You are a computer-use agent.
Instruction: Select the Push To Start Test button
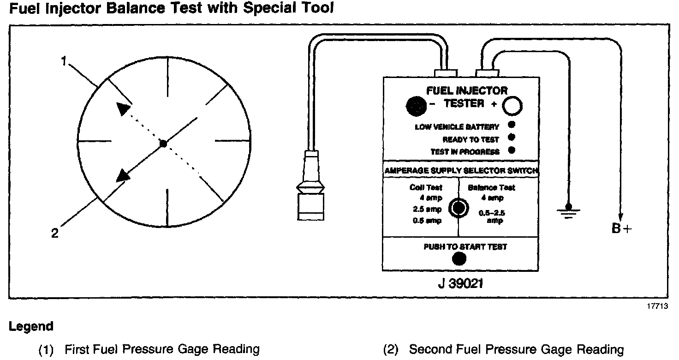pos(459,259)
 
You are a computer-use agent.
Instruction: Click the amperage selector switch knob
pos(458,208)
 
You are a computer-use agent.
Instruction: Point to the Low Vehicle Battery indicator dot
pos(511,125)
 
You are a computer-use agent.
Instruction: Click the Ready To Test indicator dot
pos(511,138)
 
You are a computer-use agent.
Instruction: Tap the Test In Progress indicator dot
pos(511,150)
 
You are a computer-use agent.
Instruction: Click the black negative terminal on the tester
pos(416,106)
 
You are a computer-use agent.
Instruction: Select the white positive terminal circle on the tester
pos(512,106)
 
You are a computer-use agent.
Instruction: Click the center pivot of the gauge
pos(163,144)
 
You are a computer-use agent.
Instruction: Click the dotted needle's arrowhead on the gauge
pos(123,108)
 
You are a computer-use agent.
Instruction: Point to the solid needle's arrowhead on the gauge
pos(123,175)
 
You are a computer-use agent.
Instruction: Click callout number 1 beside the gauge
pos(65,60)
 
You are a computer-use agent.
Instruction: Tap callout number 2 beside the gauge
pos(55,233)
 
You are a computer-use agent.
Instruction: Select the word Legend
pos(31,327)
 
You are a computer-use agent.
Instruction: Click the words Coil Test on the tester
pos(426,187)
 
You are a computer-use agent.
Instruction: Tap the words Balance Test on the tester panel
pos(491,187)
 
